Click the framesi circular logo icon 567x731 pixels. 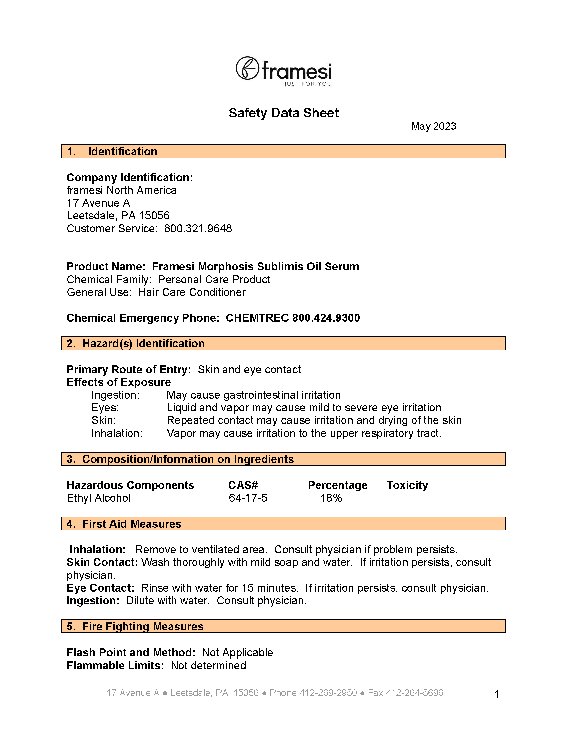pos(247,68)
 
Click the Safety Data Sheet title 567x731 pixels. pos(283,113)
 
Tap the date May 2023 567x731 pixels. pos(433,126)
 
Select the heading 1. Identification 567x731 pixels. pos(112,151)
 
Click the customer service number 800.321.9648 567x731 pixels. pos(198,229)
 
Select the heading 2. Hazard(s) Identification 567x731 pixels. pos(136,343)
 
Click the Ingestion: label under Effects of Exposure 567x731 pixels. pos(115,395)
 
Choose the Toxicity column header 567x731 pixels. pos(407,485)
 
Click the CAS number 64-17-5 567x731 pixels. pos(248,498)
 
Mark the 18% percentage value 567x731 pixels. pos(331,498)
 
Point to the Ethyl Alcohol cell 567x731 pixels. pos(99,498)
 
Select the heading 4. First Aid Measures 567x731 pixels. pos(124,524)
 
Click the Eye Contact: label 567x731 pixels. pos(100,588)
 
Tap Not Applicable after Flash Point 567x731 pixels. pos(238,652)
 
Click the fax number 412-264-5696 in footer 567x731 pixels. pos(414,693)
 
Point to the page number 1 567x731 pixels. pos(497,694)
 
